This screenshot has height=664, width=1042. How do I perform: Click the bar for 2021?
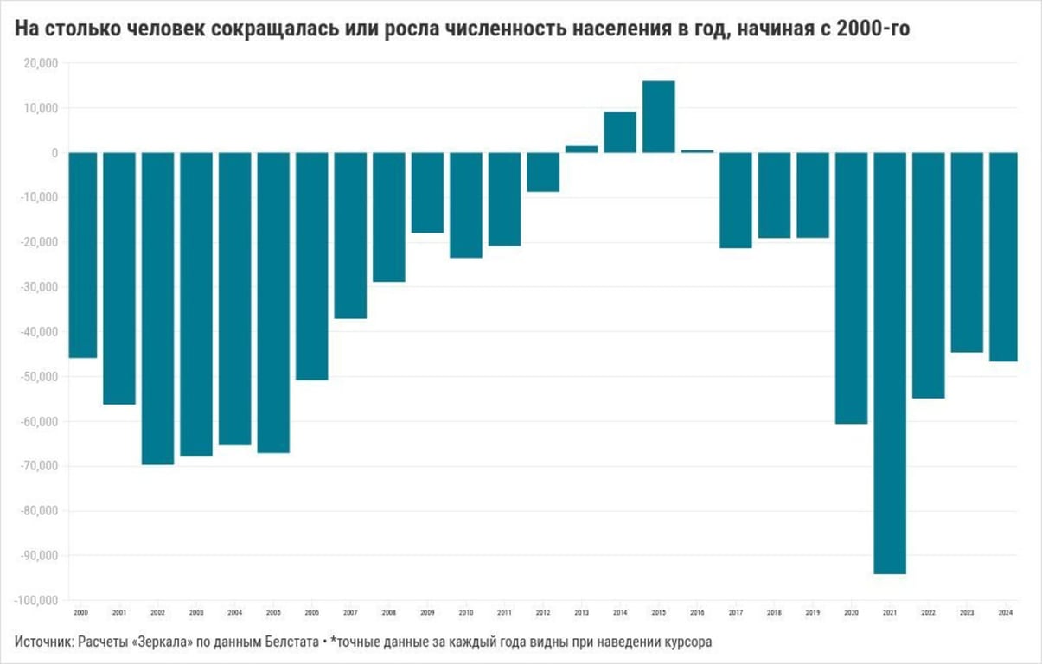click(890, 363)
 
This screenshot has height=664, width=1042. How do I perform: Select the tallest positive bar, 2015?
click(659, 117)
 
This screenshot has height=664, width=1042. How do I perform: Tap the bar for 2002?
click(158, 309)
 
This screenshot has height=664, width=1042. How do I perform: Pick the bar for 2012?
click(543, 172)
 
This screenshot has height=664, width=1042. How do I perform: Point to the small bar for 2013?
click(582, 149)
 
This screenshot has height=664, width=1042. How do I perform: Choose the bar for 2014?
click(620, 132)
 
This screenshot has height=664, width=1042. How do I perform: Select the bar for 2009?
click(427, 193)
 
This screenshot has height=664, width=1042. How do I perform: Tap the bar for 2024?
click(1003, 257)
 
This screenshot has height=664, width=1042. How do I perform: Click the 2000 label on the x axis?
click(81, 612)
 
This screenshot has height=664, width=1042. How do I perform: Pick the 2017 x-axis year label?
click(736, 612)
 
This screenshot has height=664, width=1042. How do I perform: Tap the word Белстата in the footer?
click(285, 642)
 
